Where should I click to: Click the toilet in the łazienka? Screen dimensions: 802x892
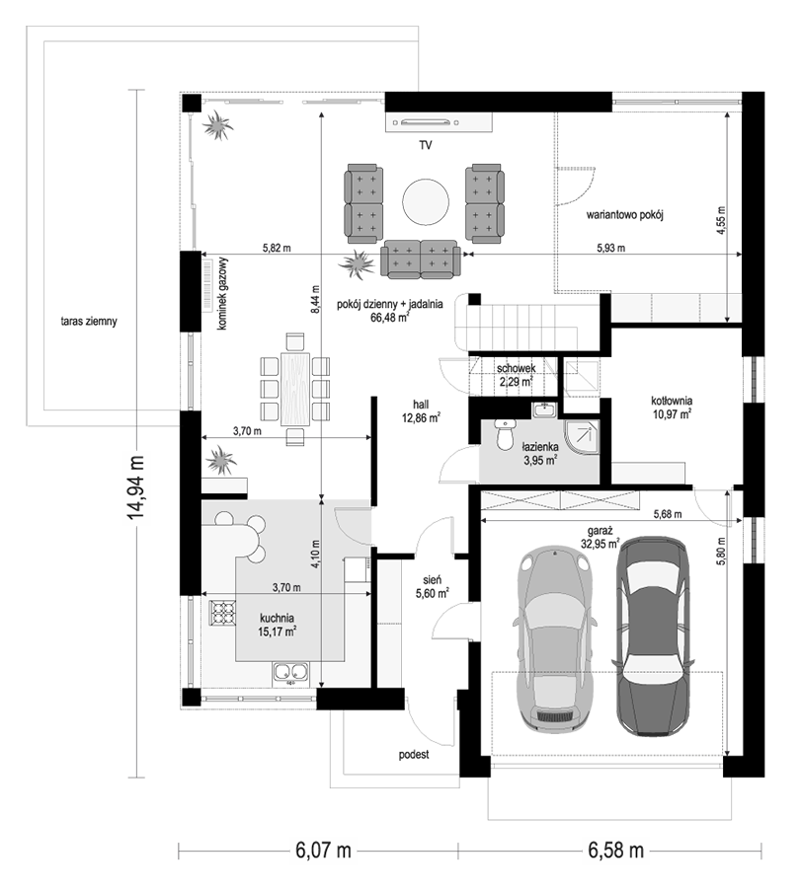coord(504,434)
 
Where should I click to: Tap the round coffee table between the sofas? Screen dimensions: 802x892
coord(426,201)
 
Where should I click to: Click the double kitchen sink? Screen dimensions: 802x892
coord(291,672)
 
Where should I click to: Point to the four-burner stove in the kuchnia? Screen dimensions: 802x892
coord(222,613)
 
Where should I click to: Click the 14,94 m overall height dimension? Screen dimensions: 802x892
coord(135,486)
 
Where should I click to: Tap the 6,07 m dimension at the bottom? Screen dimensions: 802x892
coord(323,851)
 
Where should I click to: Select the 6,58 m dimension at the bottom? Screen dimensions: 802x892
coord(615,851)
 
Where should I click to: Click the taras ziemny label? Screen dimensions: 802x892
coord(89,321)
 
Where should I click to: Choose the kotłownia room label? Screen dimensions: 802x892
coord(672,401)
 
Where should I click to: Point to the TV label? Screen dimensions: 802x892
coord(426,145)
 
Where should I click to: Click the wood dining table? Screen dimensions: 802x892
coord(295,390)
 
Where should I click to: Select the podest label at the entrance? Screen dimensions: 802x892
coord(414,755)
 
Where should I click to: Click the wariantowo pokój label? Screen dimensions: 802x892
coord(625,215)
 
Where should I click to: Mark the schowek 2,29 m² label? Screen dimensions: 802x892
coord(516,375)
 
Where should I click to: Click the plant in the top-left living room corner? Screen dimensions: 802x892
coord(218,126)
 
